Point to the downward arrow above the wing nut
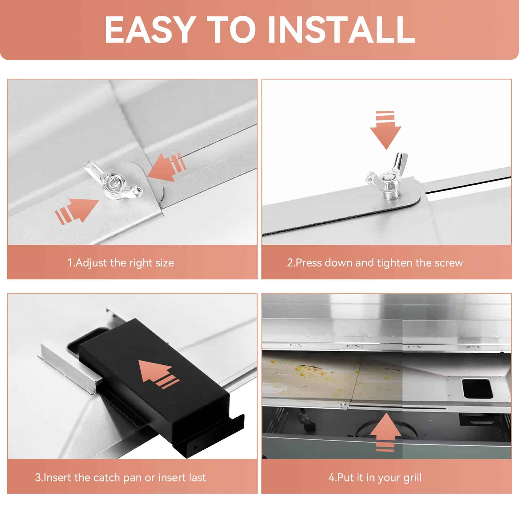[386, 130]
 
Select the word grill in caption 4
[412, 478]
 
